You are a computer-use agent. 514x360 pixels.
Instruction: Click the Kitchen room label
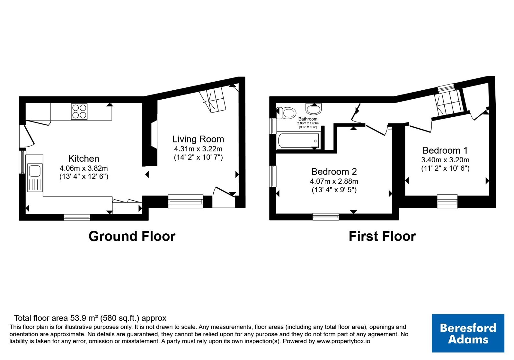coord(84,159)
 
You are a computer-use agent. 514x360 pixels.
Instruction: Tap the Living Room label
coord(198,139)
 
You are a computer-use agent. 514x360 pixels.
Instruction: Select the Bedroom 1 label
coord(445,150)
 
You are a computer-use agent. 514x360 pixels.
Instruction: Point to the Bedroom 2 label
coord(334,172)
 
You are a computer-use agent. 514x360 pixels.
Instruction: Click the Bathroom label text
coord(308,119)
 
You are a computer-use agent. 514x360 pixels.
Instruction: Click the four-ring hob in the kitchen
coord(79,111)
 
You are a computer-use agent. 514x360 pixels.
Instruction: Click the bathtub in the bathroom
coord(298,140)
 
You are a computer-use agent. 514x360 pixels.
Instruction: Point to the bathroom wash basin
coord(314,109)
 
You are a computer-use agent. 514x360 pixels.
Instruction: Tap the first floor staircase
coord(448,103)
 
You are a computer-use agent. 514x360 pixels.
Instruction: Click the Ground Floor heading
coord(132,236)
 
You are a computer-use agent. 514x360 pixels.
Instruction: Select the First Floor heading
coord(382,236)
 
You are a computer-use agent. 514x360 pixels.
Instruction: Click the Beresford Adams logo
coord(468,333)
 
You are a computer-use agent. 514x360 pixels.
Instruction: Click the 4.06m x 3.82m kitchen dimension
coord(84,168)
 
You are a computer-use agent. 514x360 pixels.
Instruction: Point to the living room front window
coord(186,202)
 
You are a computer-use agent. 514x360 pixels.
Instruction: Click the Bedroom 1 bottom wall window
coord(447,202)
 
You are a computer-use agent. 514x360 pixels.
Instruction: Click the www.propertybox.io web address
coord(343,341)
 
